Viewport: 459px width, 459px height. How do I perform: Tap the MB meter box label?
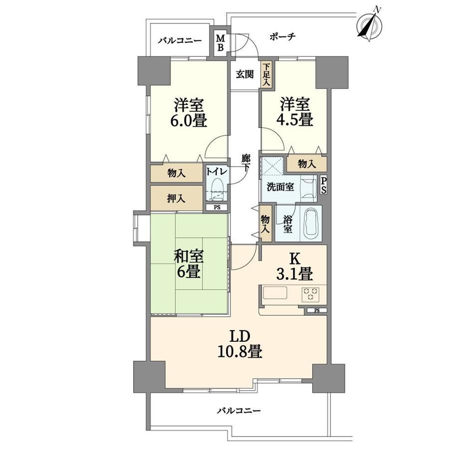pos(221,42)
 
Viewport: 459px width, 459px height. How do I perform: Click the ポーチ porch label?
pos(282,36)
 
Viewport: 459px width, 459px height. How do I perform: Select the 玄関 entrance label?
pos(245,74)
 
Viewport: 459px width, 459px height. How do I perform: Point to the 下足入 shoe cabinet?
pos(266,74)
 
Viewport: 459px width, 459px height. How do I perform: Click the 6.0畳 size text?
pos(189,120)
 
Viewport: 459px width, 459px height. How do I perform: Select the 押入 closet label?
pos(176,199)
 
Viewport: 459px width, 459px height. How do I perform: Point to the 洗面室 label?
pos(280,187)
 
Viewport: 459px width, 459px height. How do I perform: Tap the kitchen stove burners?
pos(311,294)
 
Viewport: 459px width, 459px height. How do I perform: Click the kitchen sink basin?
pos(275,292)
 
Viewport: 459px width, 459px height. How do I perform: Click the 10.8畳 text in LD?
pos(239,352)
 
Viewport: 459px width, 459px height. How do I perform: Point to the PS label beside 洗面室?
pos(323,185)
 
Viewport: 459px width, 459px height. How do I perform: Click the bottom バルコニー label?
pos(238,411)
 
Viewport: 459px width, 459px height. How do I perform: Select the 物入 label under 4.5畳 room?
pos(307,164)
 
